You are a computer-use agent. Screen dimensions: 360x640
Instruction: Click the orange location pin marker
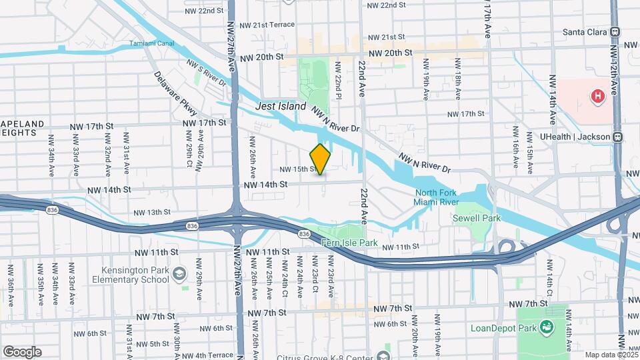pyautogui.click(x=321, y=159)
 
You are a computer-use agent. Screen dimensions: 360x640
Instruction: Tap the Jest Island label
pyautogui.click(x=281, y=107)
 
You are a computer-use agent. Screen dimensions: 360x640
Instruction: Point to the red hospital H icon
pyautogui.click(x=597, y=97)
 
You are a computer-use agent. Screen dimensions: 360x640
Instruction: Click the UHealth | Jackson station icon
pyautogui.click(x=617, y=137)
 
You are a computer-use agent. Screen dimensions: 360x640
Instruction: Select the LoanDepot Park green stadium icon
pyautogui.click(x=547, y=326)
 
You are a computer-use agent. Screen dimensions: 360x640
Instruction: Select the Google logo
pyautogui.click(x=22, y=352)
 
